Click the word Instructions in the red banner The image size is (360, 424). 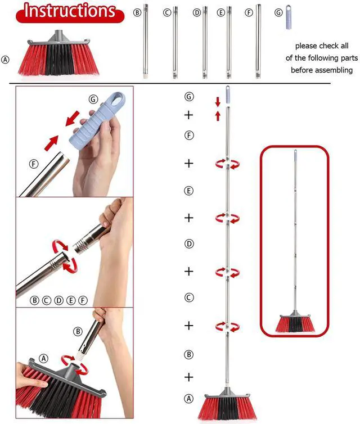(70, 11)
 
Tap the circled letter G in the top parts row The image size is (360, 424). (278, 12)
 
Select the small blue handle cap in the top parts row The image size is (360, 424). (289, 17)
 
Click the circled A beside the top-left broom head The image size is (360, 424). (5, 60)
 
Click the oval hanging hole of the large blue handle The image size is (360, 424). (118, 98)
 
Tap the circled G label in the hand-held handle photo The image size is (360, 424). (93, 100)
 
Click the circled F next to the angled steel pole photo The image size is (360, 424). (34, 164)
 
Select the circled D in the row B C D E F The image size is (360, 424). (58, 300)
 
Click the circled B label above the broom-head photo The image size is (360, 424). (78, 332)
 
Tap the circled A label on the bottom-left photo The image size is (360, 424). (43, 359)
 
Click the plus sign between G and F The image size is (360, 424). (188, 115)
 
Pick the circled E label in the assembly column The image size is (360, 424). (189, 191)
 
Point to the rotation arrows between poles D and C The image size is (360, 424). (227, 272)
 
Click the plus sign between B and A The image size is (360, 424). (189, 377)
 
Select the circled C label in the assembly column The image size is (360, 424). (189, 297)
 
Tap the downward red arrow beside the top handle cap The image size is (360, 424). (218, 102)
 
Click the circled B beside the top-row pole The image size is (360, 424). (137, 12)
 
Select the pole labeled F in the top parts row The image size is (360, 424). (258, 42)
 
